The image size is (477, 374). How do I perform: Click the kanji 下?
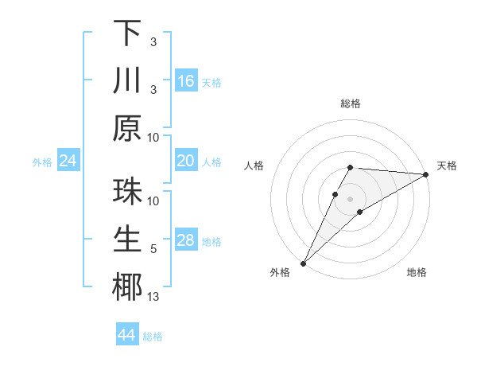(x=127, y=33)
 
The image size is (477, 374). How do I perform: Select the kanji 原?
(x=127, y=127)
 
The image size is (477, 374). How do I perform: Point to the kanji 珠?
(x=127, y=193)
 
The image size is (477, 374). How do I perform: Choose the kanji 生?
(x=127, y=240)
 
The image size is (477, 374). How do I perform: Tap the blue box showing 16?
(x=186, y=81)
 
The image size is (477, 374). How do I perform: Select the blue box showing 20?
(x=186, y=162)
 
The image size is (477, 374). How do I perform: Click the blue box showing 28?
(x=186, y=241)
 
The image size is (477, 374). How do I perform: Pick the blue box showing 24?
(x=68, y=162)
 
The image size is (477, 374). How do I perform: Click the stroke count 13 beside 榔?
(x=153, y=298)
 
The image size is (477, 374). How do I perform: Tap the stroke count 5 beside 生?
(x=153, y=250)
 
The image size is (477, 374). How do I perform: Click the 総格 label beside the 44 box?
(x=153, y=337)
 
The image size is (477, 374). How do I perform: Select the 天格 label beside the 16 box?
(x=211, y=83)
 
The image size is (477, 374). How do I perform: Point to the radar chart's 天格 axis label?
(x=447, y=166)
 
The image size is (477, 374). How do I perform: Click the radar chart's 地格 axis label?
(x=417, y=272)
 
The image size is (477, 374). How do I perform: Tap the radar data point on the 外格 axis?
(x=303, y=263)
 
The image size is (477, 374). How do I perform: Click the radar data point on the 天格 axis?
(x=425, y=174)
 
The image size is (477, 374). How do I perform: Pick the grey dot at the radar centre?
(x=350, y=197)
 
